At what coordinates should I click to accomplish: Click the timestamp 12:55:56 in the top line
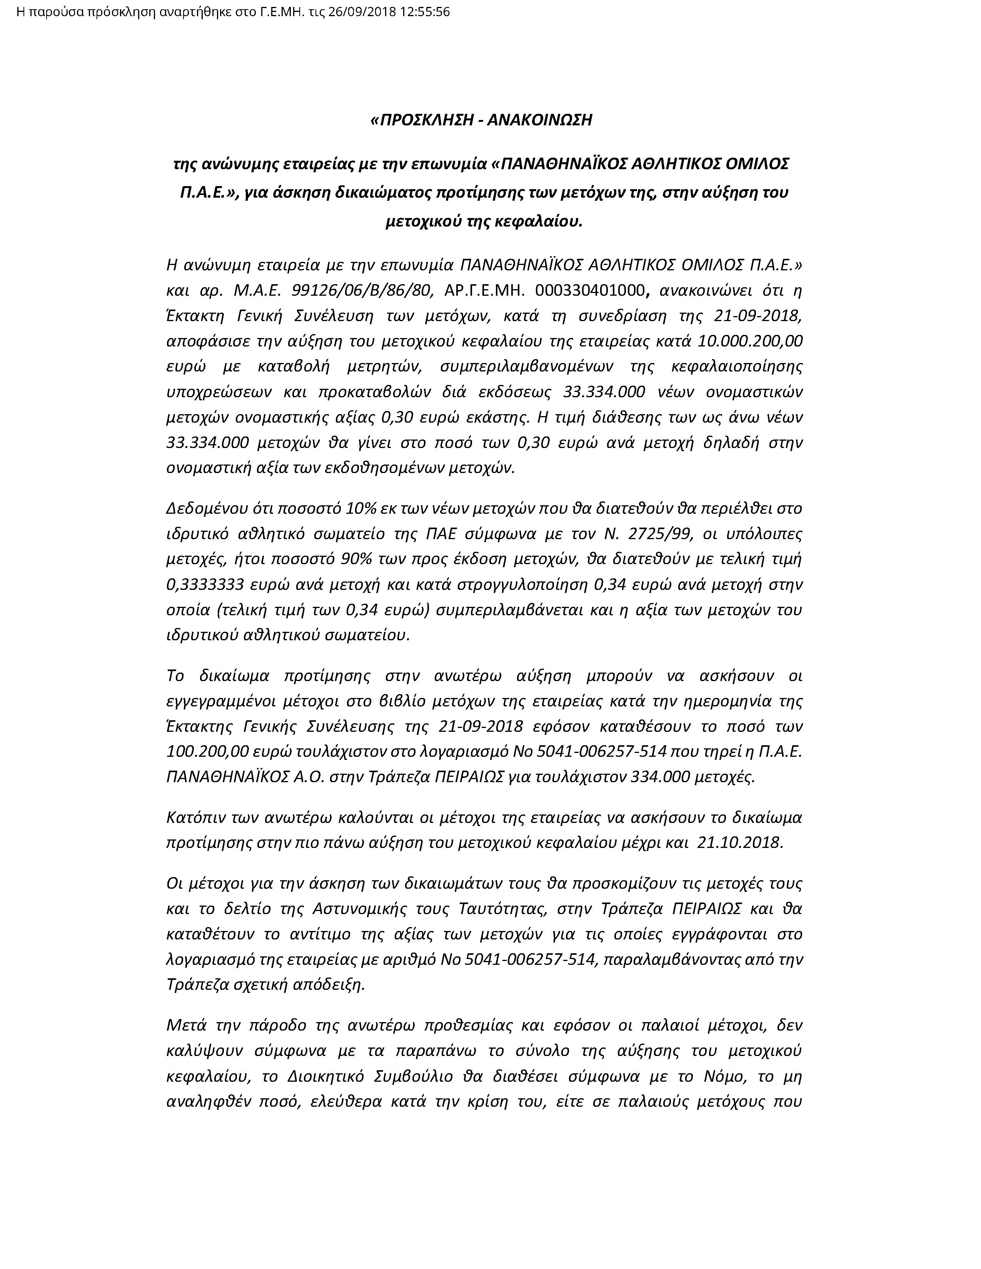[425, 12]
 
